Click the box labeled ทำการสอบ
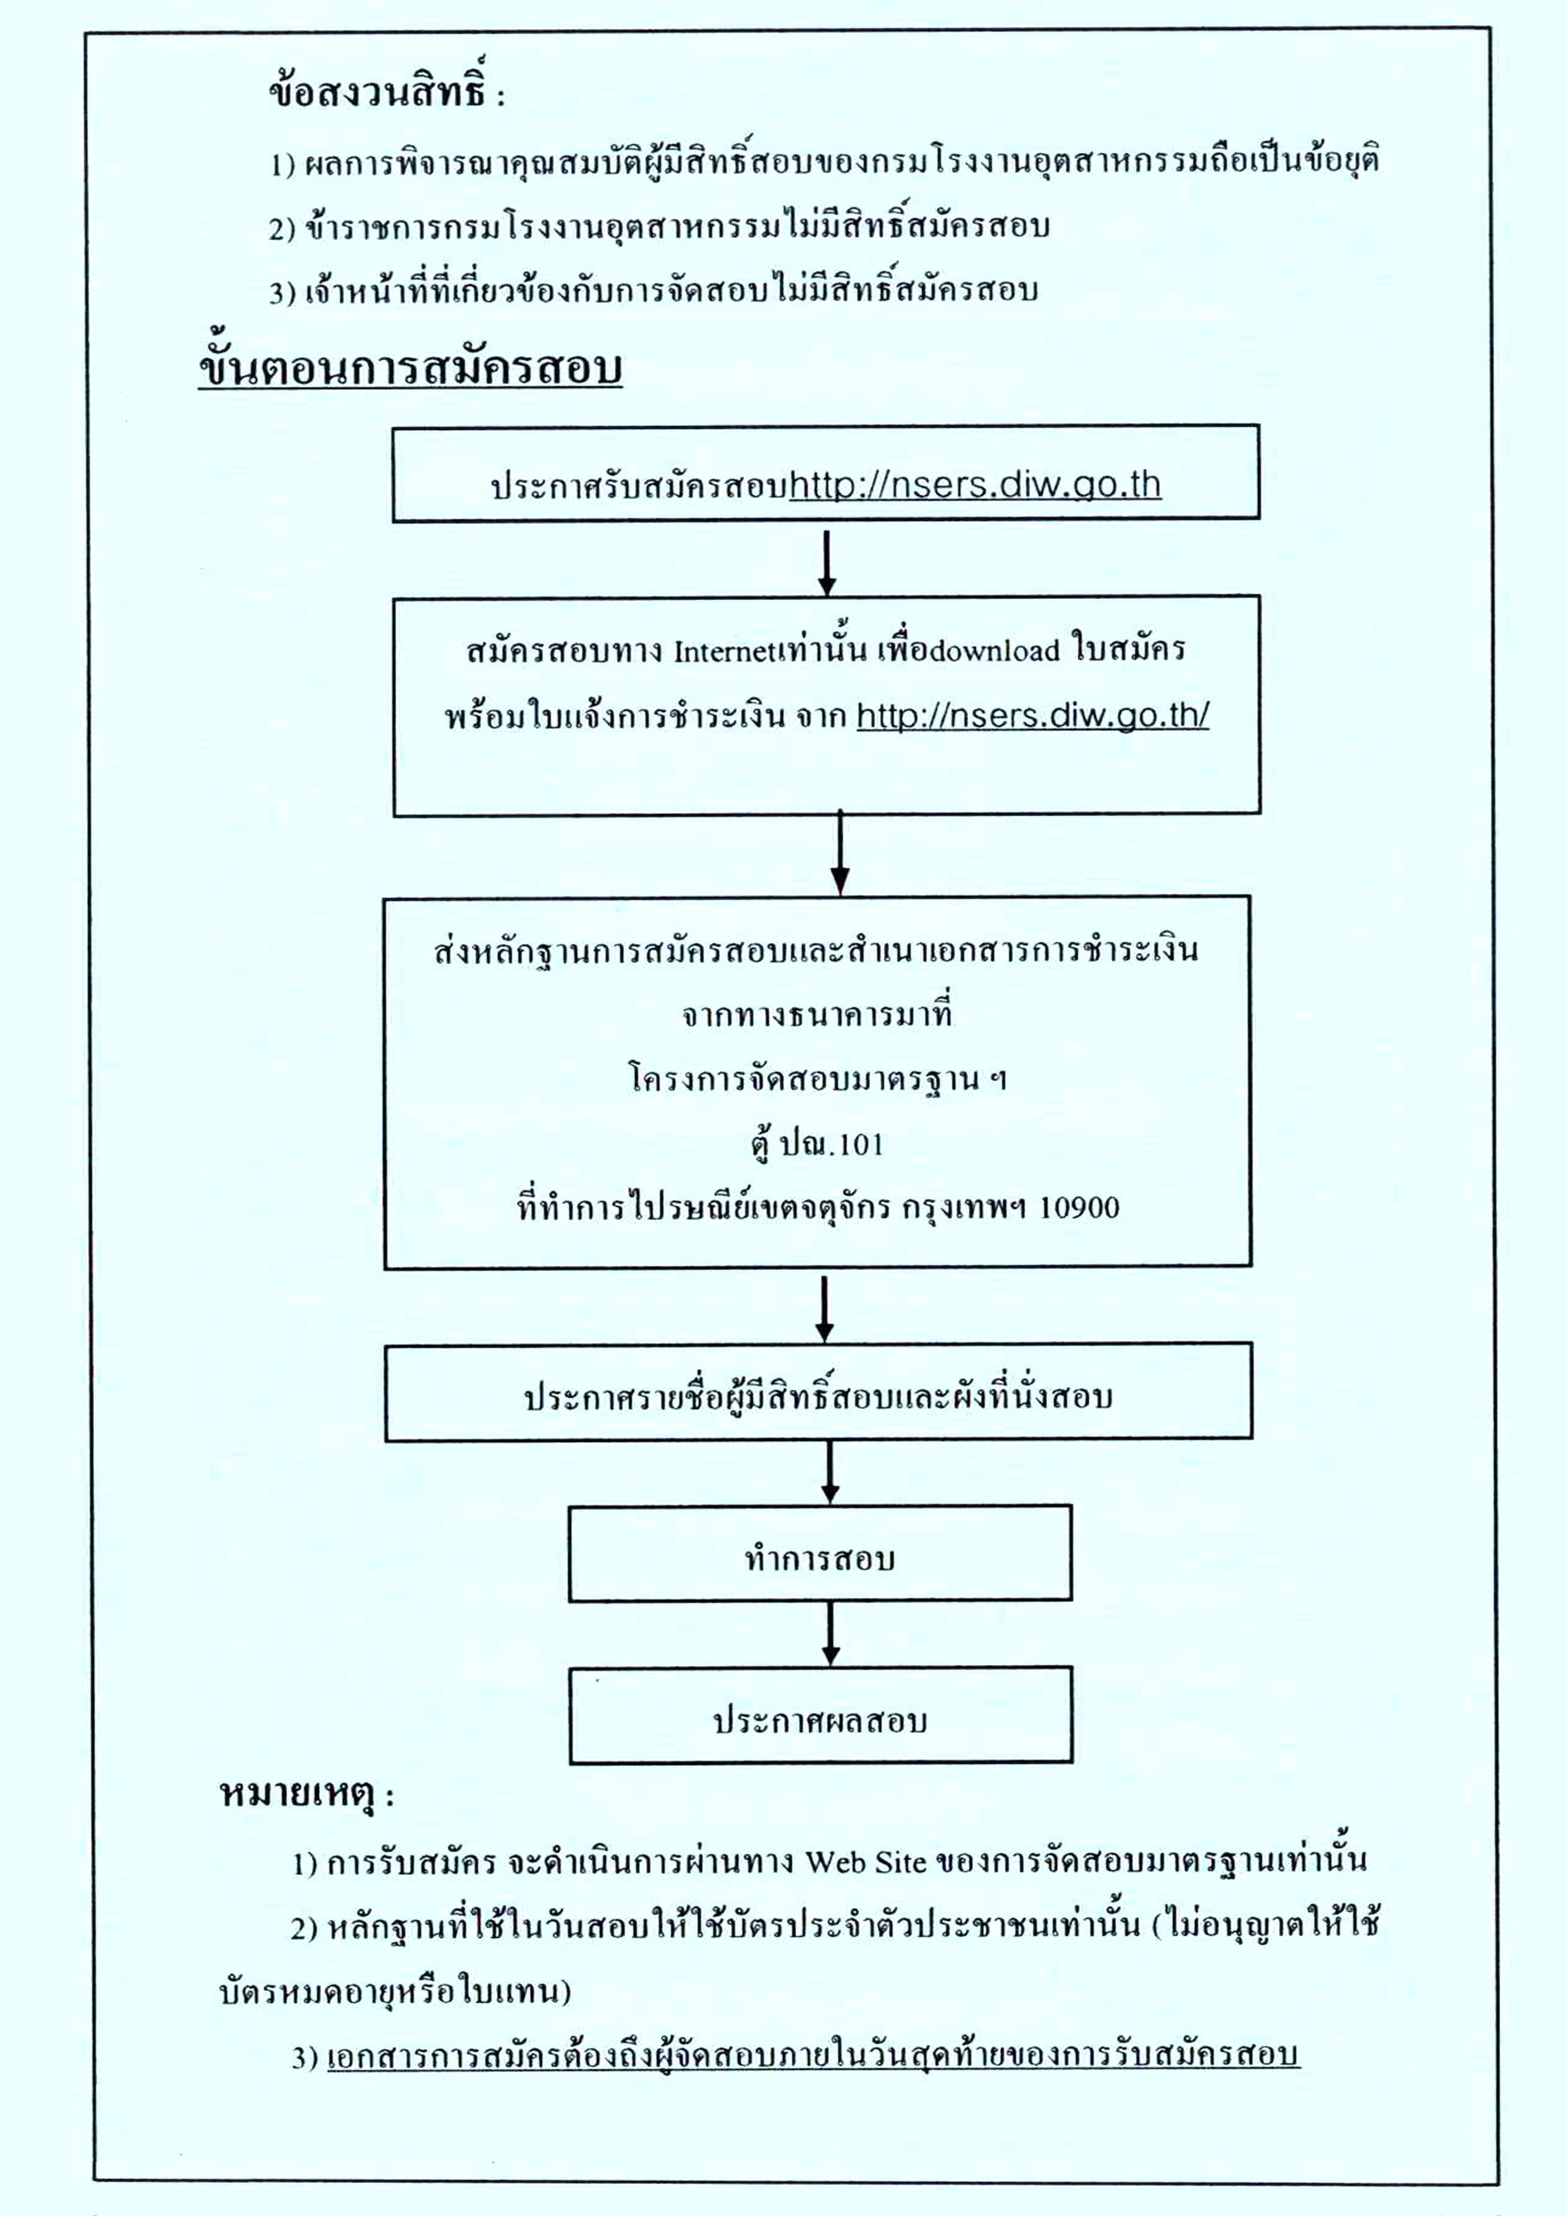(x=820, y=1552)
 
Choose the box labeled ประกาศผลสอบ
(x=821, y=1714)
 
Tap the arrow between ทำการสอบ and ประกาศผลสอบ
(x=830, y=1632)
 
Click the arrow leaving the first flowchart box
(x=826, y=559)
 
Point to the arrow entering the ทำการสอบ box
(x=830, y=1472)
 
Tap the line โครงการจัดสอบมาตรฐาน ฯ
(x=817, y=1078)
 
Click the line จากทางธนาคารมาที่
(x=817, y=1015)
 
